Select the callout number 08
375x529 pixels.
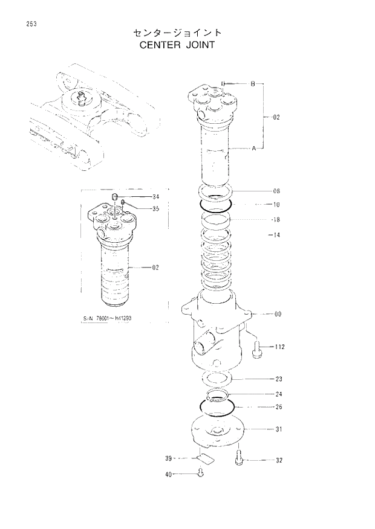(276, 191)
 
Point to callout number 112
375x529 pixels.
(279, 347)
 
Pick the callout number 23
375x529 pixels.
(279, 380)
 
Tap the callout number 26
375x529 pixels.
(279, 407)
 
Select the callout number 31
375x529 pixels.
(279, 430)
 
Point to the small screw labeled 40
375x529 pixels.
(201, 475)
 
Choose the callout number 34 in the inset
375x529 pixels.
(155, 197)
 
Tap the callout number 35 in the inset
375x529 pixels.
(155, 209)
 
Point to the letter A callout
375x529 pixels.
(253, 147)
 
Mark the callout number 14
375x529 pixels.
(276, 234)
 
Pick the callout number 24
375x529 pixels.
(279, 394)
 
